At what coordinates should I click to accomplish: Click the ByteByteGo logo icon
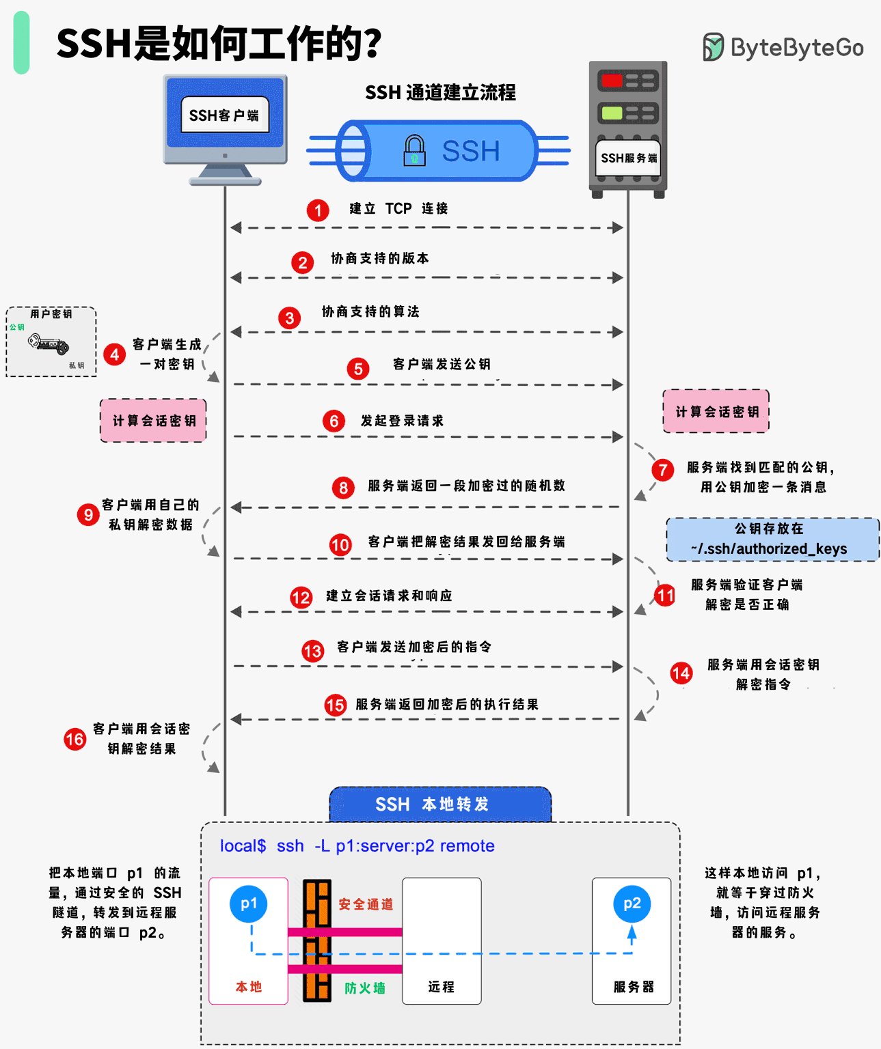[713, 47]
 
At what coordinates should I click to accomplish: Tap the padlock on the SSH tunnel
[414, 150]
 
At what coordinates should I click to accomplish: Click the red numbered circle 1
[318, 210]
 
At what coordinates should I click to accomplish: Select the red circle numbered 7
[663, 471]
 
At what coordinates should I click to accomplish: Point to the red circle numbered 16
[75, 740]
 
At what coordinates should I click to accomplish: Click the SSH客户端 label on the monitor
[224, 115]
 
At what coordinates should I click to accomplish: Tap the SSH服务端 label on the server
[628, 158]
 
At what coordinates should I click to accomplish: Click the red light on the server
[612, 81]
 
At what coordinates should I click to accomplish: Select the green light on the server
[612, 113]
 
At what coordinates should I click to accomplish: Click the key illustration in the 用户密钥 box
[49, 344]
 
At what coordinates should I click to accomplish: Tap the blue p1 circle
[248, 904]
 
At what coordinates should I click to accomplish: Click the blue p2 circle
[632, 904]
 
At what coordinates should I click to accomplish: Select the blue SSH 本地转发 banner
[440, 804]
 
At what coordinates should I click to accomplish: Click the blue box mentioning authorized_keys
[772, 539]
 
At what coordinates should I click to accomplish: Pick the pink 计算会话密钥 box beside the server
[716, 411]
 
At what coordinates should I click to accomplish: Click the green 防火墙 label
[365, 988]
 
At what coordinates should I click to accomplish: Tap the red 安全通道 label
[366, 904]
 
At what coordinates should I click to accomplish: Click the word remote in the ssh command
[467, 845]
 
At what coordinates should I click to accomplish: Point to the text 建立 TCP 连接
[398, 208]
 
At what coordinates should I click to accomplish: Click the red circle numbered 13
[313, 651]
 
